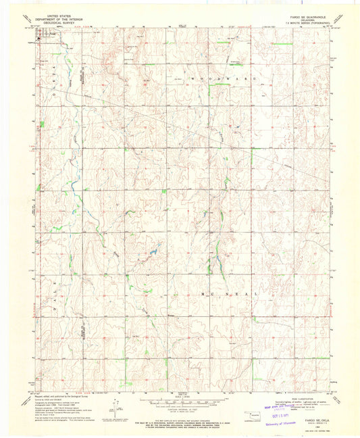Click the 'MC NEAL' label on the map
click(230, 295)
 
